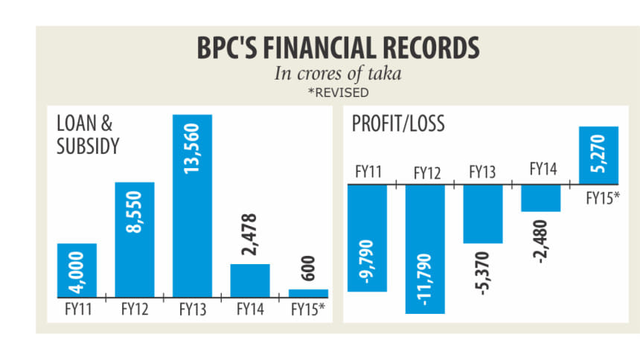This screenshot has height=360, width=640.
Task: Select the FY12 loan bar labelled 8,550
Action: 135,238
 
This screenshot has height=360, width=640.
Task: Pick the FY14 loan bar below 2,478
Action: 249,280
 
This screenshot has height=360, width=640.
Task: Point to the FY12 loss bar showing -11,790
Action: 425,248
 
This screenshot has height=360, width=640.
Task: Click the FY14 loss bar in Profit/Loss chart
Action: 540,198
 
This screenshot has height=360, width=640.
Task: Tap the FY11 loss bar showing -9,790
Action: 367,237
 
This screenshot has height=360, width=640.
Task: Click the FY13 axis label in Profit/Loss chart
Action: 483,172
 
